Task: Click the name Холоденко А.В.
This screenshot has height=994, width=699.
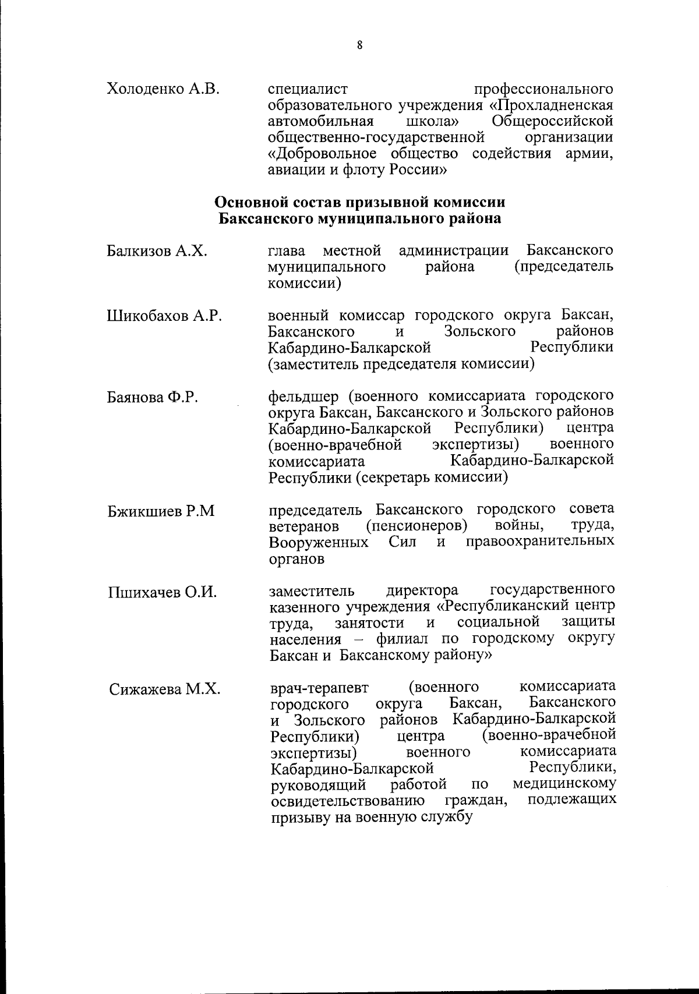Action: coord(163,90)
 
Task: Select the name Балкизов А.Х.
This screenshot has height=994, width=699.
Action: coord(157,252)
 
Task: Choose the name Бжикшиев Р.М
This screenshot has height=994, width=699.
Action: coord(161,511)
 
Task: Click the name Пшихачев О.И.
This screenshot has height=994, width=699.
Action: coord(163,593)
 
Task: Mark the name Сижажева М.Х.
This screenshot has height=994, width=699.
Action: coord(164,689)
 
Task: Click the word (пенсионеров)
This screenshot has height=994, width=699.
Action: coord(417,526)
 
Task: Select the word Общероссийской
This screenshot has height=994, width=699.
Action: coord(552,122)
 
